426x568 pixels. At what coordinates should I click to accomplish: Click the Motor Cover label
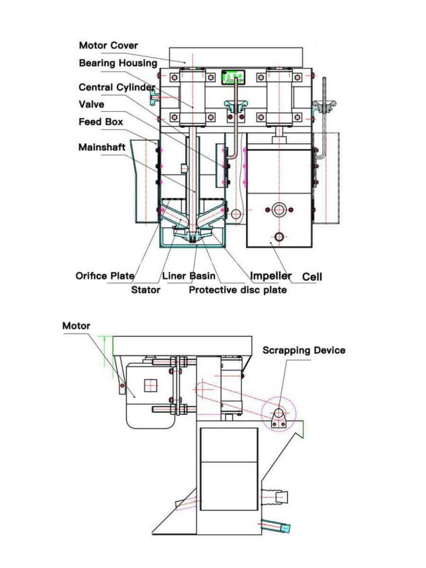[108, 45]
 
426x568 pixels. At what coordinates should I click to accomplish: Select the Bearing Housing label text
[118, 63]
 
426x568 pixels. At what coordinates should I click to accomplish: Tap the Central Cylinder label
[116, 88]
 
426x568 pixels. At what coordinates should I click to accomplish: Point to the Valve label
[91, 104]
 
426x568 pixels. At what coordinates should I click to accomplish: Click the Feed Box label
[101, 122]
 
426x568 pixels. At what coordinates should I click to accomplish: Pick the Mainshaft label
[102, 147]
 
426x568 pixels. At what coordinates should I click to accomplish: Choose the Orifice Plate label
[105, 275]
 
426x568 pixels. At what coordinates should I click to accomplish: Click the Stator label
[145, 289]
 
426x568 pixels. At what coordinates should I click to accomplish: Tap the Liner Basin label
[189, 275]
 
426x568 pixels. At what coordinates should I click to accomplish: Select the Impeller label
[270, 275]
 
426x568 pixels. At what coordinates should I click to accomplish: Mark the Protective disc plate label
[238, 289]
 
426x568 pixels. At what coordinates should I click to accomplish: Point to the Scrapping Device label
[304, 350]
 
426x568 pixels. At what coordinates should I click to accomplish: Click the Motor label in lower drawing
[76, 326]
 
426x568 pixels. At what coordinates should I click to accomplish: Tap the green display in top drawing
[232, 76]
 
